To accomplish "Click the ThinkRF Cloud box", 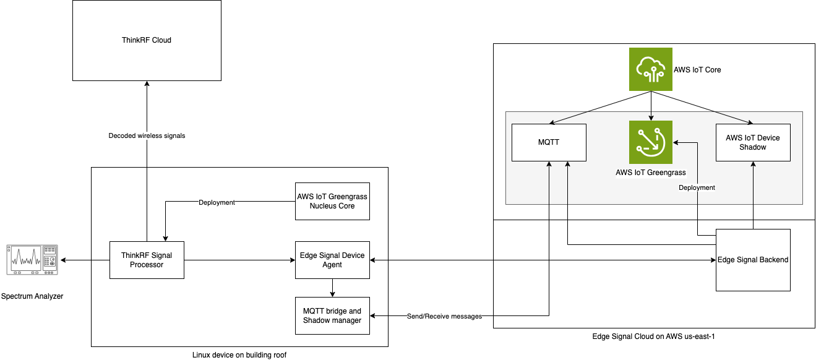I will click(147, 40).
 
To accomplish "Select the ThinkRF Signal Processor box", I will click(147, 260).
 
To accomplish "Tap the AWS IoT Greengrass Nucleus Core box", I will click(332, 201).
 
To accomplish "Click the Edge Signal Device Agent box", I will click(332, 260).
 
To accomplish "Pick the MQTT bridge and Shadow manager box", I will click(332, 315).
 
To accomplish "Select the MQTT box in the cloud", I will click(549, 142).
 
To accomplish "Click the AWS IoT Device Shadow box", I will click(753, 142).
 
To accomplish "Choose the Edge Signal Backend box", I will click(753, 260).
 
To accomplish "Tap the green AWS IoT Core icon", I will click(650, 70).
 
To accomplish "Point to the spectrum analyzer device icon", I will click(32, 260).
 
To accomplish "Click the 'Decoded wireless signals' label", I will click(147, 135).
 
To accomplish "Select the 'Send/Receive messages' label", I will click(444, 316).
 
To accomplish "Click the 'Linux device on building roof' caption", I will click(239, 354).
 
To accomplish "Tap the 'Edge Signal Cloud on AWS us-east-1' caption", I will click(653, 336).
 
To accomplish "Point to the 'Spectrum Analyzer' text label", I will click(32, 296).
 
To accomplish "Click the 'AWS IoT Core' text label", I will click(697, 70).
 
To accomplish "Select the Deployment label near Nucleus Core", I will click(217, 202).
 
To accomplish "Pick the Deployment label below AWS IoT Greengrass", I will click(697, 187).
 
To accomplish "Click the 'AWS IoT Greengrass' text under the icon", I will click(650, 173).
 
